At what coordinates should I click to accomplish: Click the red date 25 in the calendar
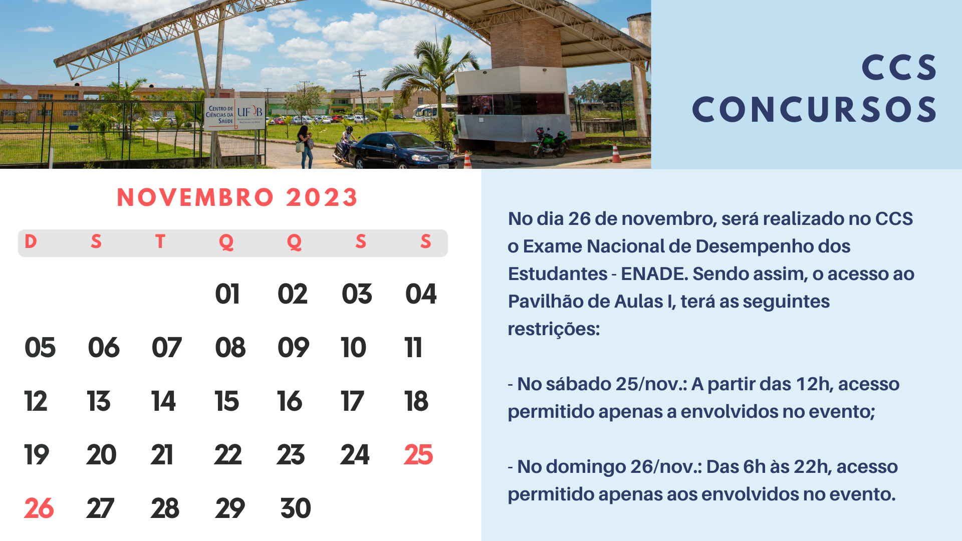pyautogui.click(x=418, y=455)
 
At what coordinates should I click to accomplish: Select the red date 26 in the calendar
pyautogui.click(x=39, y=508)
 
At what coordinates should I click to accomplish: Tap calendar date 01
pyautogui.click(x=227, y=294)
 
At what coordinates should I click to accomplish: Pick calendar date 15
pyautogui.click(x=227, y=401)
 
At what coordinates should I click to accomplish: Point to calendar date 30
pyautogui.click(x=296, y=508)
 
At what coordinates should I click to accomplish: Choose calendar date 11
pyautogui.click(x=413, y=348)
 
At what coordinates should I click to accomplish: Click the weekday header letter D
pyautogui.click(x=31, y=241)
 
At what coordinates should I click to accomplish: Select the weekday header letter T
pyautogui.click(x=160, y=241)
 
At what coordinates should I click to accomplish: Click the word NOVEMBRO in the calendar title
pyautogui.click(x=195, y=197)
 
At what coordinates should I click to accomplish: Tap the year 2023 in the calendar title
pyautogui.click(x=322, y=197)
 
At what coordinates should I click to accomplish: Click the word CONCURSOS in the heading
pyautogui.click(x=814, y=110)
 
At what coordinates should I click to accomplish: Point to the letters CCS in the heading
pyautogui.click(x=899, y=68)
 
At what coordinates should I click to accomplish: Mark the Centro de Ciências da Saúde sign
pyautogui.click(x=234, y=114)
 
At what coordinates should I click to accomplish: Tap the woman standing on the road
pyautogui.click(x=305, y=146)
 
